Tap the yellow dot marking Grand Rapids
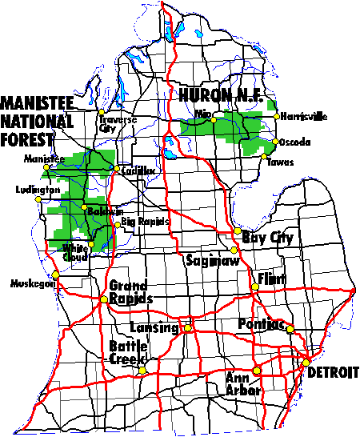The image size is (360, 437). [103, 299]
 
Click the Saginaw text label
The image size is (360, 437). [207, 260]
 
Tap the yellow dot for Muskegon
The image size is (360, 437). [55, 275]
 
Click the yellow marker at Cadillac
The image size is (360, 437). [116, 169]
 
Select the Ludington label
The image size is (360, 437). [38, 190]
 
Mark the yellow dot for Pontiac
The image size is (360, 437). [291, 329]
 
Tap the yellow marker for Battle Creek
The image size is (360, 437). [142, 369]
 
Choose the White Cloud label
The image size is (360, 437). [77, 252]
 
